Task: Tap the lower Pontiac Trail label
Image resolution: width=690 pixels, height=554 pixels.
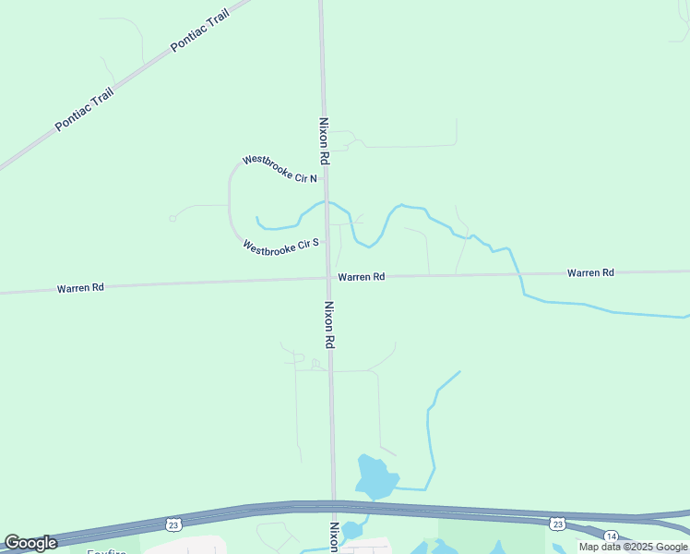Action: click(83, 110)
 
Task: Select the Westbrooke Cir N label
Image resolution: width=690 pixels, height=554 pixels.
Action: click(280, 169)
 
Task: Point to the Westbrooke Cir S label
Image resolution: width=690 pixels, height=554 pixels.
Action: click(280, 247)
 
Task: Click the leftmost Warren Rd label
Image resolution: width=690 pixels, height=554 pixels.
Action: click(80, 288)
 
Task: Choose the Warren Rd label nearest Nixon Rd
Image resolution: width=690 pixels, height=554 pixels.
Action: click(361, 277)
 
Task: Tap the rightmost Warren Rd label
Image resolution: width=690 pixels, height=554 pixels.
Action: click(590, 273)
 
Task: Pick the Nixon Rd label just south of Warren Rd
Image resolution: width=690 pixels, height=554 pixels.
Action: click(328, 324)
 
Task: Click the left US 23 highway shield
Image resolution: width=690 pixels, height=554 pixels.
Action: click(174, 524)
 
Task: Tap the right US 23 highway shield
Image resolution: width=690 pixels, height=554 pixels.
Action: click(557, 524)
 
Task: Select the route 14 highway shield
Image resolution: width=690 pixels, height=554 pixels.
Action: click(611, 536)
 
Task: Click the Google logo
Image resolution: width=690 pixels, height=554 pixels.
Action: click(30, 543)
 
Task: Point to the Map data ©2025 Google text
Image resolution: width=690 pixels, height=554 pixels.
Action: click(633, 547)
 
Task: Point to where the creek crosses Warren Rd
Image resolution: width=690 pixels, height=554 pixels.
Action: click(518, 273)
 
